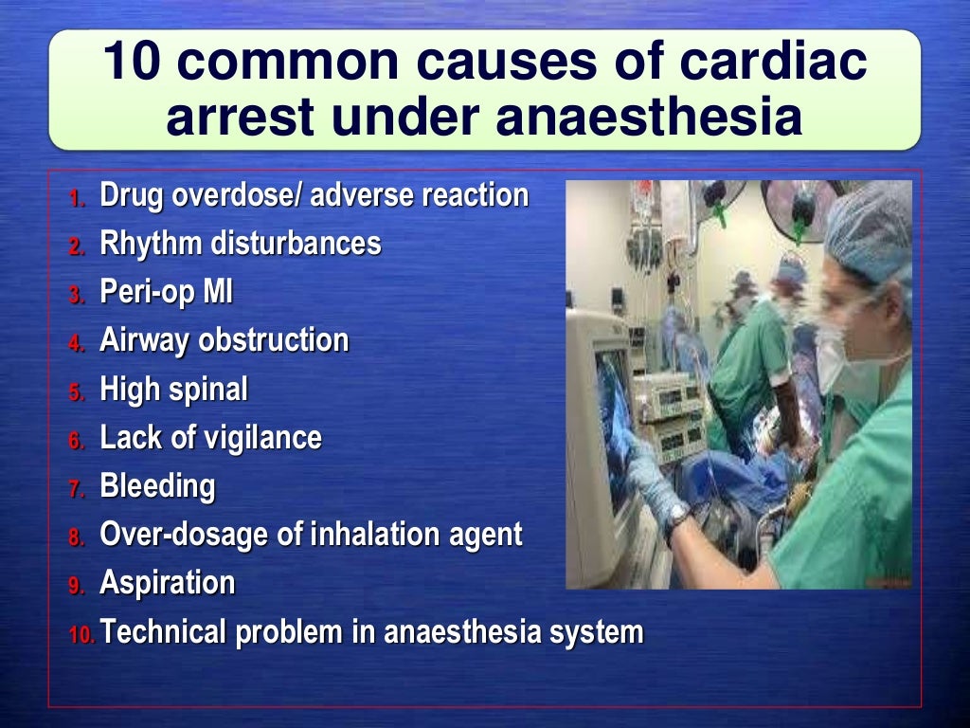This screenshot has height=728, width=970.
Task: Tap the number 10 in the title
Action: (133, 64)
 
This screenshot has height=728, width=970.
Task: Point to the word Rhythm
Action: (151, 245)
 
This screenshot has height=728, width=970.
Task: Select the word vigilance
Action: (270, 438)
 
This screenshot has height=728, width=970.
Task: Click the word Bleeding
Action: (157, 486)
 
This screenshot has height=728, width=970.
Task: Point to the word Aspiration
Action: (168, 583)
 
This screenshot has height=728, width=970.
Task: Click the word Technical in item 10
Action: (164, 631)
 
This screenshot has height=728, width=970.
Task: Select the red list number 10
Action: (81, 634)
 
